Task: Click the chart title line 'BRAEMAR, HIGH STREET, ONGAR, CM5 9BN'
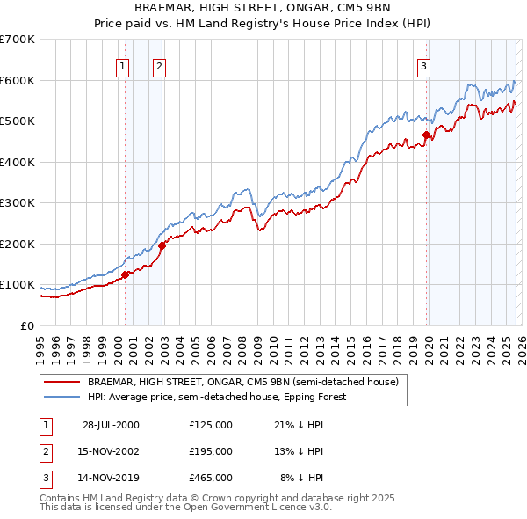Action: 263,7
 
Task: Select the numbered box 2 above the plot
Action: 159,65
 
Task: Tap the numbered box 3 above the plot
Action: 423,65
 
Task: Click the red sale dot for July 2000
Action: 126,274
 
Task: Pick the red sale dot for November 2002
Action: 162,246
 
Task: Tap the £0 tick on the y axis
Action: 26,325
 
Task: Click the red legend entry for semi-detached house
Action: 242,383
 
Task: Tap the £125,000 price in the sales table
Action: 211,425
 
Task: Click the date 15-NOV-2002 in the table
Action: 111,451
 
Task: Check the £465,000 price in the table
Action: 211,478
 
